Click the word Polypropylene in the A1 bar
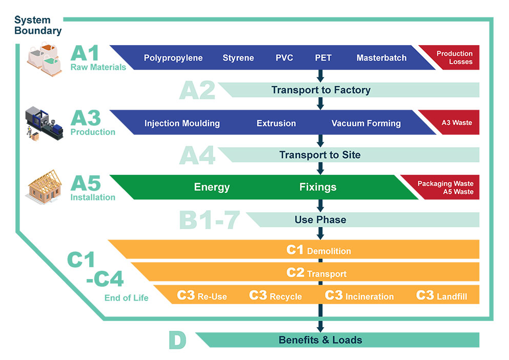(x=173, y=58)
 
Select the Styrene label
(x=238, y=58)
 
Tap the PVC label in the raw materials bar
(x=284, y=58)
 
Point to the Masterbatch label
(x=381, y=58)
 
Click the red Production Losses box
(x=454, y=57)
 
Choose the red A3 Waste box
(x=456, y=123)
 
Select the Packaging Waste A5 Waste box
(x=445, y=188)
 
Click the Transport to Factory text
(x=321, y=90)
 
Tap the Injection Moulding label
(x=182, y=123)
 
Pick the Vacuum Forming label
(x=366, y=123)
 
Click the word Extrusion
(x=276, y=123)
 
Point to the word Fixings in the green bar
(x=318, y=187)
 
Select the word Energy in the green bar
(x=212, y=187)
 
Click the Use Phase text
(x=320, y=219)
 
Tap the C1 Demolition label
(x=319, y=250)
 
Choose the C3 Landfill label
(x=441, y=295)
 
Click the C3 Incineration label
(x=359, y=295)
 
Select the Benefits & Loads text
(x=320, y=340)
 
